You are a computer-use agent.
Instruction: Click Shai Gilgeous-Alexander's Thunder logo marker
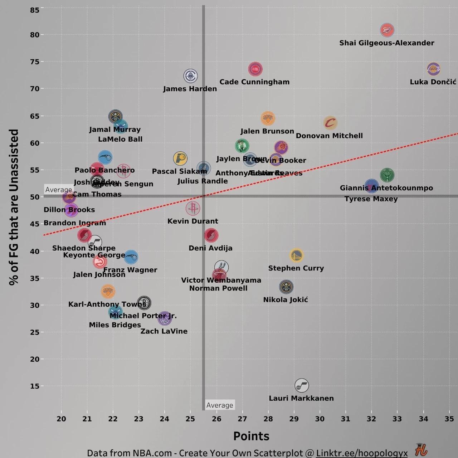tap(387, 30)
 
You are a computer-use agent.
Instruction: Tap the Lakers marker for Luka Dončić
tap(433, 69)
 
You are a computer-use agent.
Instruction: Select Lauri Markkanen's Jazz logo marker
tap(302, 385)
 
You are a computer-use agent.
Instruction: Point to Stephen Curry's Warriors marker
tap(296, 255)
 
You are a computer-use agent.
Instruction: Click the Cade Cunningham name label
tap(254, 82)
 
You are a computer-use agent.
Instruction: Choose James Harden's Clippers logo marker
tap(190, 76)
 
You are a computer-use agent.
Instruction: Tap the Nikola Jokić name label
tap(286, 300)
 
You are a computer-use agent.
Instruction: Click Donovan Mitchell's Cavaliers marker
tap(330, 123)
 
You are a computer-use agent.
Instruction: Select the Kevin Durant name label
tap(193, 221)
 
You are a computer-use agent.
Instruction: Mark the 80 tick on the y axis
tap(35, 35)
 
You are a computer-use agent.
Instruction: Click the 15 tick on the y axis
tap(35, 386)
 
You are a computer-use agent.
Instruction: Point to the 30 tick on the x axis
tap(320, 419)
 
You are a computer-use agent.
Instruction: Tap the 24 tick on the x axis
tap(164, 419)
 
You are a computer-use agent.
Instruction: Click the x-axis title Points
tap(251, 436)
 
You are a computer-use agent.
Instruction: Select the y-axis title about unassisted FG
tap(14, 207)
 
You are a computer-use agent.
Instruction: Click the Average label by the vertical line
tap(220, 405)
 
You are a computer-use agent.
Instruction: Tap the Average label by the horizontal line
tap(59, 190)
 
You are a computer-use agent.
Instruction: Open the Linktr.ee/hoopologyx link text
tap(362, 453)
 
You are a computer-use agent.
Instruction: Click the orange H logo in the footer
tap(421, 450)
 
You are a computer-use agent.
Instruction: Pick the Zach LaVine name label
tap(164, 331)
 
